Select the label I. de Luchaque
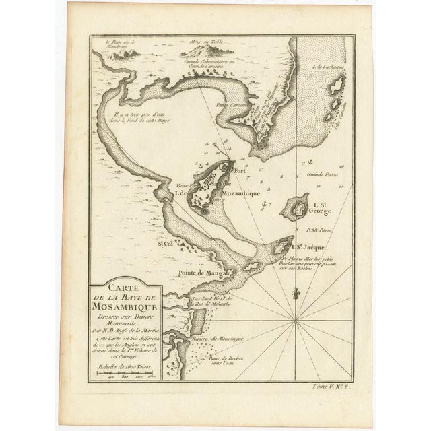(x=327, y=66)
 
